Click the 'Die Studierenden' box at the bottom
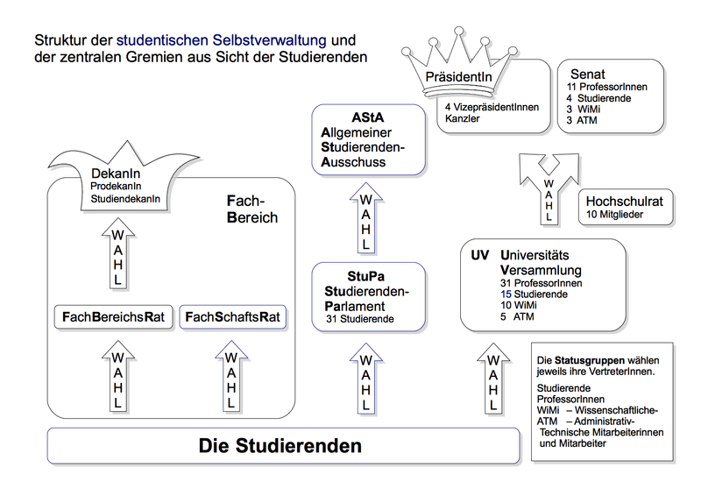(x=280, y=445)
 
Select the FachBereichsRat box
(x=114, y=316)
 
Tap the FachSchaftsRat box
(x=233, y=316)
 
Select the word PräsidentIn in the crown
(x=458, y=79)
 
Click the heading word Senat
(x=588, y=74)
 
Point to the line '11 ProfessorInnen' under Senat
(x=606, y=88)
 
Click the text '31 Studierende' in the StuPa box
(x=359, y=320)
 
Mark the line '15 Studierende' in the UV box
(x=534, y=294)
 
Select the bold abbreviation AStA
(x=369, y=117)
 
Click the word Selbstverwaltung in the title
(x=263, y=41)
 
